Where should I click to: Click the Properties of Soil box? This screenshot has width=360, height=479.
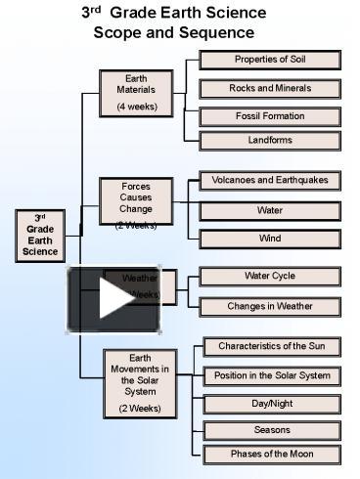[269, 60]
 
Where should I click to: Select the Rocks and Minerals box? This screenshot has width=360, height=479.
[269, 88]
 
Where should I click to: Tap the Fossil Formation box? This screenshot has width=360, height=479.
[269, 116]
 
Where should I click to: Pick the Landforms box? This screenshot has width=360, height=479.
[269, 140]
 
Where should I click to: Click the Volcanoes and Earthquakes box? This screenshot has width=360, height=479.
[269, 181]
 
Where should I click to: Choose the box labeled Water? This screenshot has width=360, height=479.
[269, 210]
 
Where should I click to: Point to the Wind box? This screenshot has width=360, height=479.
[269, 239]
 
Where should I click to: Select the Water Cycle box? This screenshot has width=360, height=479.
[269, 277]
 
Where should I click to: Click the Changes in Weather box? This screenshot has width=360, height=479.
[269, 306]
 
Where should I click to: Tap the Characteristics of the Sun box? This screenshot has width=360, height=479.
[272, 347]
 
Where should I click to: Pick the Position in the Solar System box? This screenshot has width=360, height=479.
[272, 376]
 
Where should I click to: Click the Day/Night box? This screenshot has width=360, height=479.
[272, 404]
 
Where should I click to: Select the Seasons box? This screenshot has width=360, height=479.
[272, 430]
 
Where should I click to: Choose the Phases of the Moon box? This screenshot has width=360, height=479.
[272, 455]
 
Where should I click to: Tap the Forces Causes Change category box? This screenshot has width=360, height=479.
[136, 203]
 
